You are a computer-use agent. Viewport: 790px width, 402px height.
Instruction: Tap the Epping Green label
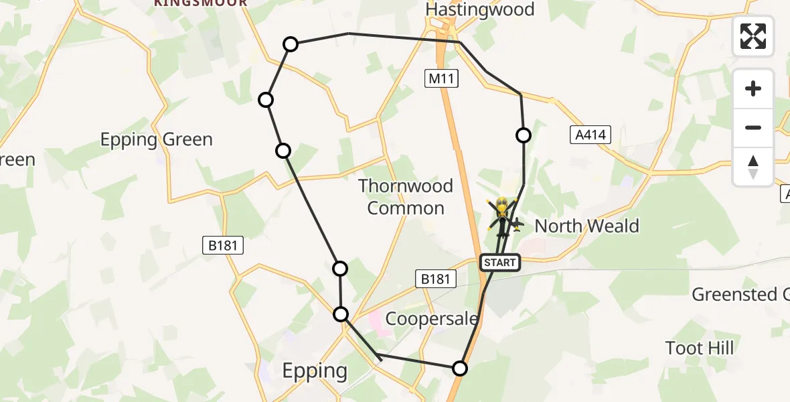click(157, 139)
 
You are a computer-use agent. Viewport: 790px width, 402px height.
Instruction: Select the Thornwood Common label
click(406, 196)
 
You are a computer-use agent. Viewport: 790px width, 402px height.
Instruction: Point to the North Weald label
click(586, 226)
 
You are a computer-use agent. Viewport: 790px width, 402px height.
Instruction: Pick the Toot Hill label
click(700, 348)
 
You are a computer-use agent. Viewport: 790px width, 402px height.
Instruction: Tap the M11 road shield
click(442, 79)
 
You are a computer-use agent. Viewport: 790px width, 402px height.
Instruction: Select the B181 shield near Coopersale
click(435, 278)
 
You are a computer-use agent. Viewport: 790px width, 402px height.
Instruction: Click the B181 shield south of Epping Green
click(223, 246)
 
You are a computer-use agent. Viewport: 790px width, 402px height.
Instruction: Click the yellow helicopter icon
click(503, 213)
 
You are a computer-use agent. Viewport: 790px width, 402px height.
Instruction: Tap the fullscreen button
click(753, 36)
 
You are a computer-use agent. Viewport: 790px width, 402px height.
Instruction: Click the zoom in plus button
click(753, 88)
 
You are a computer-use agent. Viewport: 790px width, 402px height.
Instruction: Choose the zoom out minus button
click(753, 127)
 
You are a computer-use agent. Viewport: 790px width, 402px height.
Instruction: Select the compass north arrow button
click(753, 166)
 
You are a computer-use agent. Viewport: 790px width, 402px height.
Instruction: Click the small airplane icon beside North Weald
click(517, 224)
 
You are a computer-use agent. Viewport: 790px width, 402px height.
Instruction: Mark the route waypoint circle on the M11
click(460, 368)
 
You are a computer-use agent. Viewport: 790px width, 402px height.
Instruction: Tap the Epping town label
click(314, 371)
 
